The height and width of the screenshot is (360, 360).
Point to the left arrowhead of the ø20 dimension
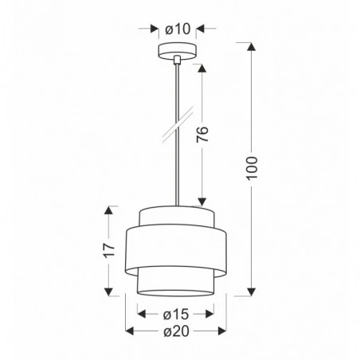pyautogui.click(x=131, y=331)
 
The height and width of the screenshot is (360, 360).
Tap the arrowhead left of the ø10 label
pyautogui.click(x=155, y=29)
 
